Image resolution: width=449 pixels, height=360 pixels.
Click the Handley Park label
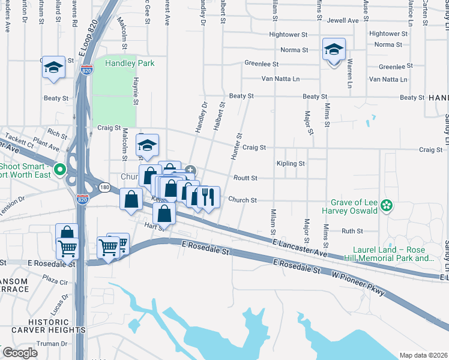point(130,63)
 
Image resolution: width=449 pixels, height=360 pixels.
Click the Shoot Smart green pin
point(59,170)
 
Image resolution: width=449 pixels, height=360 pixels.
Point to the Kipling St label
point(291,163)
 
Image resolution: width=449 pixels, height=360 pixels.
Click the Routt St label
point(245,178)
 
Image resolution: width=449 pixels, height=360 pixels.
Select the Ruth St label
point(352,231)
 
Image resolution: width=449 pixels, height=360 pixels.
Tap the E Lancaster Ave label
point(299,245)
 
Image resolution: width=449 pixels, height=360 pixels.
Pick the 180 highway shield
point(105,188)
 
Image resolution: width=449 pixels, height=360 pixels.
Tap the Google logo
point(19,353)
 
